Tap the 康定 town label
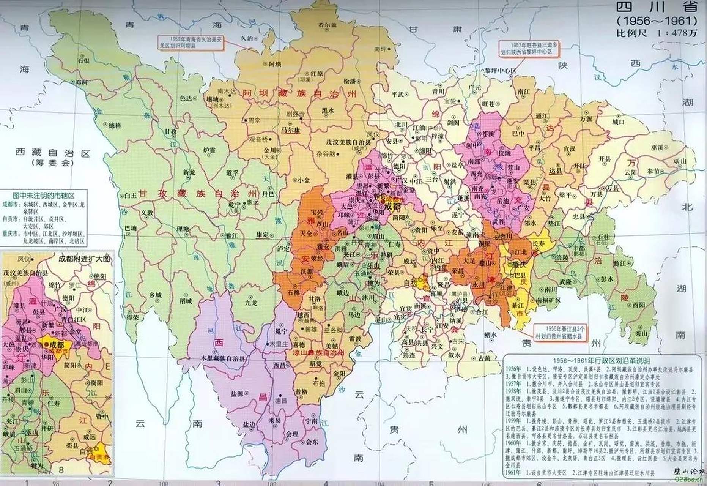[263, 235]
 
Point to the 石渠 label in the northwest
[84, 60]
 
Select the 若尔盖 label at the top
[328, 25]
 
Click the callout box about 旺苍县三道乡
[529, 48]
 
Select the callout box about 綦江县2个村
[560, 333]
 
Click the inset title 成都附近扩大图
[84, 259]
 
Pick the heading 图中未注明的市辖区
[44, 195]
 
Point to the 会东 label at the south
[312, 442]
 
